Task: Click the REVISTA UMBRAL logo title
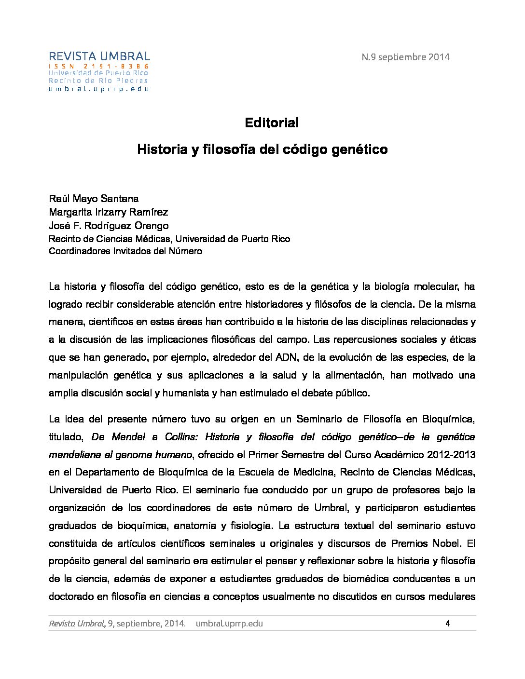tap(99, 56)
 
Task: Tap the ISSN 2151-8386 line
tap(99, 66)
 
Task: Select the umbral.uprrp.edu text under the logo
tap(99, 89)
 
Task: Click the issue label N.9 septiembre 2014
tap(405, 57)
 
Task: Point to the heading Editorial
tap(272, 122)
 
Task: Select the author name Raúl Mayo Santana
tap(94, 199)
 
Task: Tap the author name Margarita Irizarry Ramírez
tap(108, 212)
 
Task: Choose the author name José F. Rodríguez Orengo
tap(109, 226)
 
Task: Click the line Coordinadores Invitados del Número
tap(125, 251)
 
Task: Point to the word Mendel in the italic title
tap(128, 437)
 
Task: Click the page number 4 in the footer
tap(448, 623)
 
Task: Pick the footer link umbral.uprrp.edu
tap(230, 623)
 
